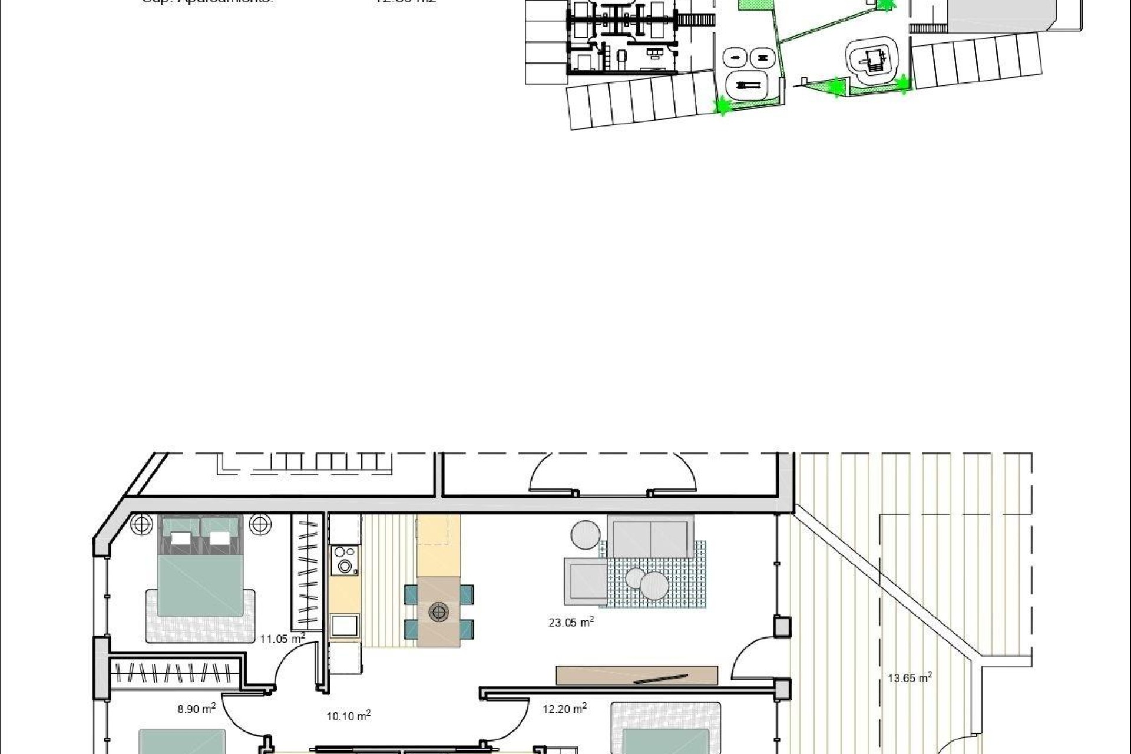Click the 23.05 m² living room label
click(x=571, y=622)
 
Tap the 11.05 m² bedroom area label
click(x=282, y=639)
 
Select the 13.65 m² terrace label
click(x=910, y=678)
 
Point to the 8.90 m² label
click(x=196, y=709)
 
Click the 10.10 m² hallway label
click(x=348, y=716)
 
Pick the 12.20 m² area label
click(x=564, y=709)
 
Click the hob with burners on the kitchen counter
click(x=345, y=560)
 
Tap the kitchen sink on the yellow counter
click(x=345, y=625)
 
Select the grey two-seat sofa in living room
click(x=650, y=537)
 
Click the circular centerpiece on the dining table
click(x=439, y=612)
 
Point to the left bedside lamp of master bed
click(x=141, y=524)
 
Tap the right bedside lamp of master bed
click(x=260, y=524)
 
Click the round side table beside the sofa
click(x=586, y=535)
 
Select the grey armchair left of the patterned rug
click(x=585, y=581)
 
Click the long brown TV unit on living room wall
click(x=637, y=676)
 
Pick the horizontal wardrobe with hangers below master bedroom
click(x=175, y=673)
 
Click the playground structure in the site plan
click(x=874, y=59)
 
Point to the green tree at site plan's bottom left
click(x=722, y=107)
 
